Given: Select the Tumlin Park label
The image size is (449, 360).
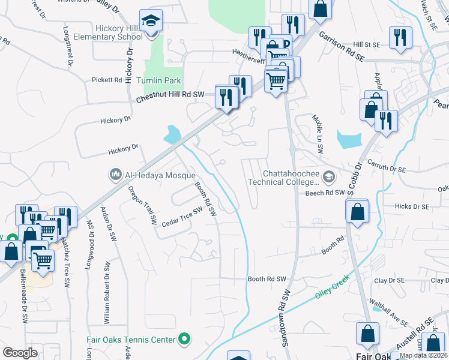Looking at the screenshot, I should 158,80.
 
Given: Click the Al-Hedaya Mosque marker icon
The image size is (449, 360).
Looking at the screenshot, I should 115,175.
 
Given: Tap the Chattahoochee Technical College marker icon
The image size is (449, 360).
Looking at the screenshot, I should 328,177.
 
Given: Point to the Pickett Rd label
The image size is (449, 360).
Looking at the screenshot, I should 107,80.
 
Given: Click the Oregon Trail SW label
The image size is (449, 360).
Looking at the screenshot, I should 143,202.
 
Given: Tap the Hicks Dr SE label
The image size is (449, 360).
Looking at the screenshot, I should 412,206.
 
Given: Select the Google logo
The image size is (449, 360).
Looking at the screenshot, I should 20,353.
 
